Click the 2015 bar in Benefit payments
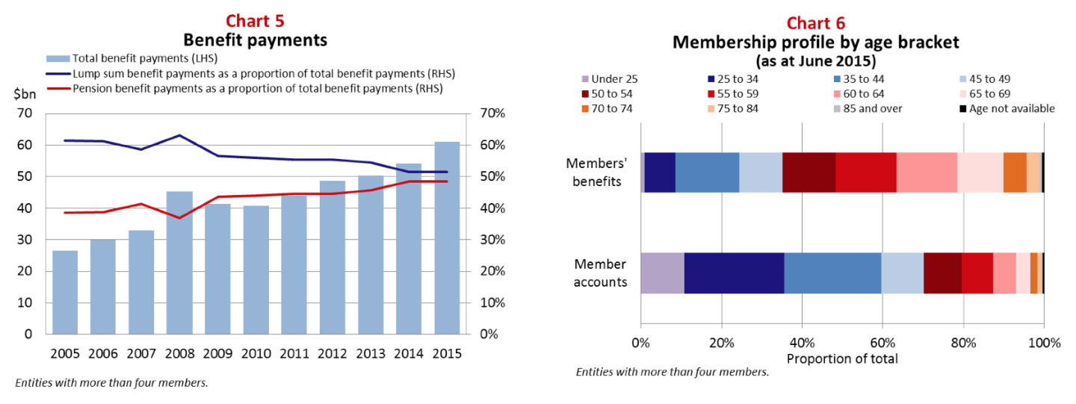(x=447, y=238)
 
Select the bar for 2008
(x=179, y=263)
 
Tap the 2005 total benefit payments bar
(x=65, y=292)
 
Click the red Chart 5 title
(x=255, y=21)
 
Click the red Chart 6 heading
(x=816, y=23)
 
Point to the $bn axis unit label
(x=25, y=94)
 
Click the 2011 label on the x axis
(x=294, y=354)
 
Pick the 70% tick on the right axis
(x=492, y=114)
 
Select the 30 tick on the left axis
(x=25, y=240)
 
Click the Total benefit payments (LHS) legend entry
(x=132, y=58)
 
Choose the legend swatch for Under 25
(x=585, y=79)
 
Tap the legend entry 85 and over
(x=868, y=109)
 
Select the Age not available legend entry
(x=1007, y=109)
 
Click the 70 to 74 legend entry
(x=607, y=109)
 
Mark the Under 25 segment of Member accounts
(x=662, y=273)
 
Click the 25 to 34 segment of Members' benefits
(x=660, y=173)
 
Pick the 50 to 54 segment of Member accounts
(x=942, y=273)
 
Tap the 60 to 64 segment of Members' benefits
(x=927, y=173)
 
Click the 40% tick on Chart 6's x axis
(x=803, y=343)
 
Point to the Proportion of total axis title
(x=842, y=359)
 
